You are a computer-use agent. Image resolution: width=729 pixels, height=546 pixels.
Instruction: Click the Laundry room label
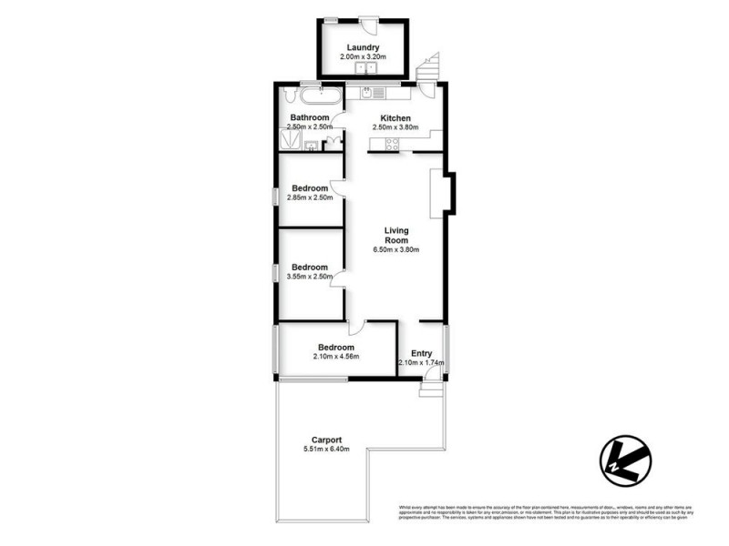pos(363,48)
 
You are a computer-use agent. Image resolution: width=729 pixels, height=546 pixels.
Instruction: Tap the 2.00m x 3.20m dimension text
pos(363,57)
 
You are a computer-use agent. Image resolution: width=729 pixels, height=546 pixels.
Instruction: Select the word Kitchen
pos(395,118)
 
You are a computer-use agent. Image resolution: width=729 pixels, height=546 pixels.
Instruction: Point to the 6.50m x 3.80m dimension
pos(395,249)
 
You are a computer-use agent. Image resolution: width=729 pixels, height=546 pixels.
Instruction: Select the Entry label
pos(421,353)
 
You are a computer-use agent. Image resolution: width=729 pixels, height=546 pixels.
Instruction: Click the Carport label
pos(325,440)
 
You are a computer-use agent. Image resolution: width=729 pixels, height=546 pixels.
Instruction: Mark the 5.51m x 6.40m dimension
pos(325,449)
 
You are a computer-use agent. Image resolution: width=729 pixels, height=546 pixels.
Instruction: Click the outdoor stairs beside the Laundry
pos(428,66)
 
